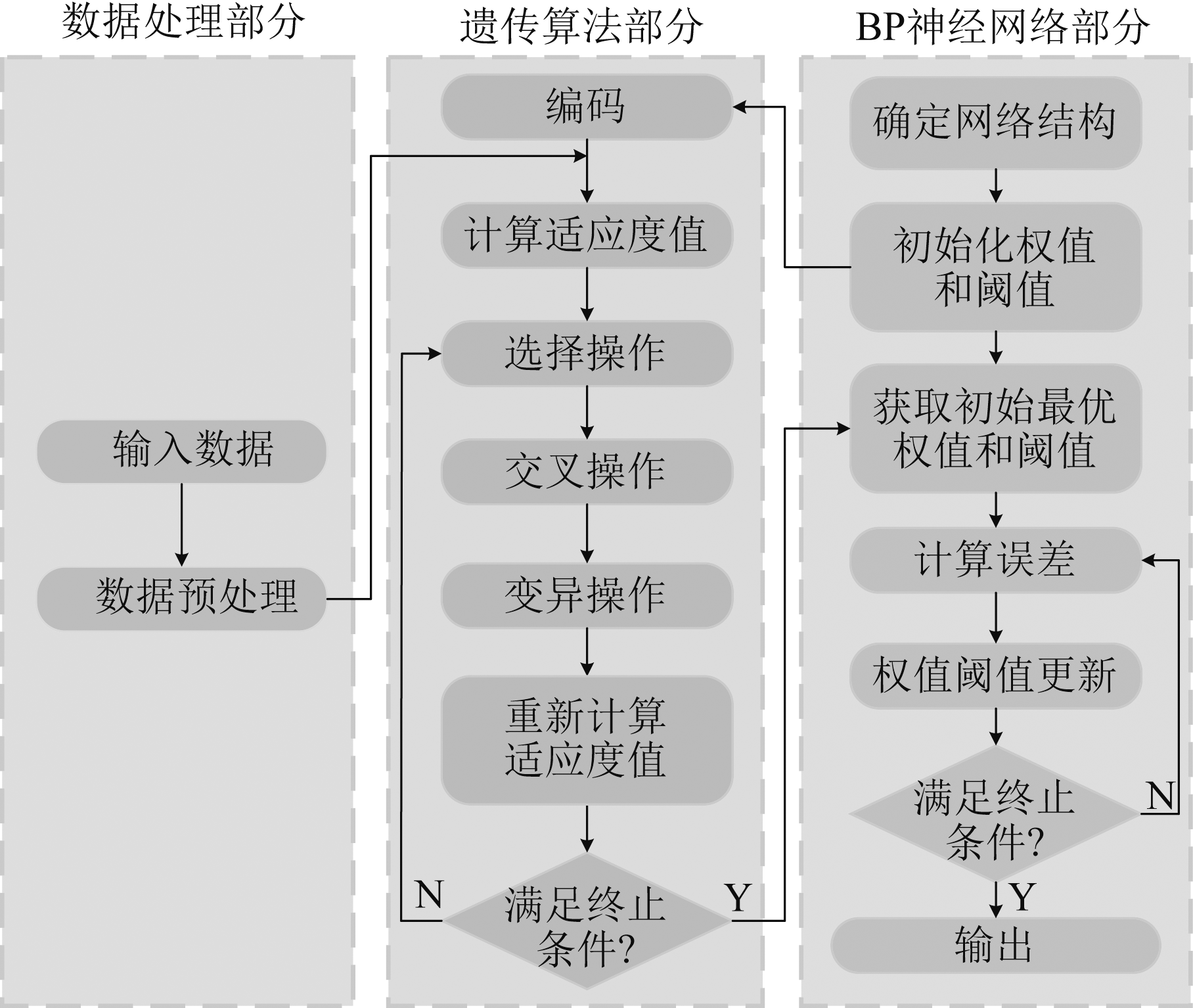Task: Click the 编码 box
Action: [x=587, y=106]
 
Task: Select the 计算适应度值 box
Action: [x=587, y=235]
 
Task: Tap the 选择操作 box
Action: [x=587, y=354]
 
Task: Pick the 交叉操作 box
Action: [x=587, y=472]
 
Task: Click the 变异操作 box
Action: [x=587, y=595]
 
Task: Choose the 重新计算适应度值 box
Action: [x=587, y=739]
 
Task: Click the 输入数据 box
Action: [x=181, y=451]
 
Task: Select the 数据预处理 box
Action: [x=181, y=599]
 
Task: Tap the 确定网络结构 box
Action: [x=995, y=123]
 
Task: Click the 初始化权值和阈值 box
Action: [x=995, y=267]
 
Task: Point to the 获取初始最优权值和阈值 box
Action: [x=995, y=428]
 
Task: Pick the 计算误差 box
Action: [x=995, y=560]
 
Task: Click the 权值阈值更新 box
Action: [x=995, y=676]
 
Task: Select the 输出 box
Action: [x=995, y=946]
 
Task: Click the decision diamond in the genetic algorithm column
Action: [x=587, y=921]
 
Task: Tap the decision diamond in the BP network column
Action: [x=995, y=814]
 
